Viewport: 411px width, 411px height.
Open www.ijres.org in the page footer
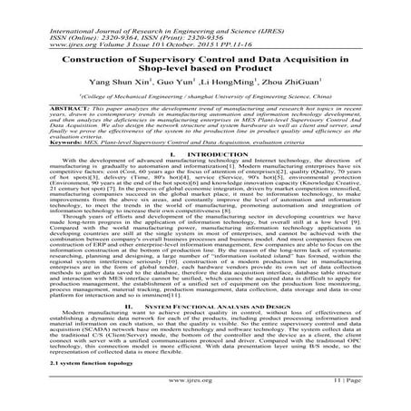(205, 401)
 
